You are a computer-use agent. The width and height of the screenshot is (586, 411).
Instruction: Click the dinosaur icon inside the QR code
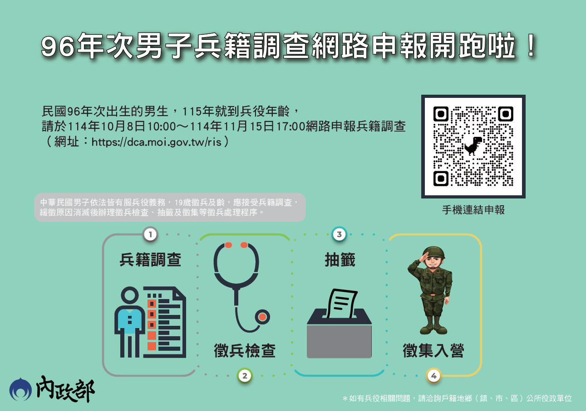point(473,146)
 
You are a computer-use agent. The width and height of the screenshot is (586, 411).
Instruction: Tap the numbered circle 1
point(150,234)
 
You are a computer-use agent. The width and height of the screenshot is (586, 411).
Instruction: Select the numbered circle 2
point(244,375)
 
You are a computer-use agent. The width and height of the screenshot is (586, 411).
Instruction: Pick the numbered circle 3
point(339,234)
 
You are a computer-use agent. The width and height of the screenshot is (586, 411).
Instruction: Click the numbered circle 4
point(433,375)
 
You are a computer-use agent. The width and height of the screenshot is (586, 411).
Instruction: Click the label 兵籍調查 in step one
point(150,260)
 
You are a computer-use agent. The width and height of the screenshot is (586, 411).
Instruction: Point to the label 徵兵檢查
point(245,350)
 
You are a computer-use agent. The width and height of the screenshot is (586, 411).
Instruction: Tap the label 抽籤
point(339,260)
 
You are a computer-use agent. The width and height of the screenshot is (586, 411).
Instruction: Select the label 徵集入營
point(433,350)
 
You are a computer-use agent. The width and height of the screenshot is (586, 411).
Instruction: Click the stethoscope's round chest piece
point(262,317)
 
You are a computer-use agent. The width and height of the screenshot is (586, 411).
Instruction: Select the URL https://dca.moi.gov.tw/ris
point(156,142)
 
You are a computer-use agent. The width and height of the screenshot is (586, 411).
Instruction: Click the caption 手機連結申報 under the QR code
point(473,210)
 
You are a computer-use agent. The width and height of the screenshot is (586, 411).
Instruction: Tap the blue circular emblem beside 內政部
point(21,389)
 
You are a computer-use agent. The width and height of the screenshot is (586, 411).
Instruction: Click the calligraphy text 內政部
point(65,389)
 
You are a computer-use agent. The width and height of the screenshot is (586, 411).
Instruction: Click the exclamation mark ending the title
point(529,47)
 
